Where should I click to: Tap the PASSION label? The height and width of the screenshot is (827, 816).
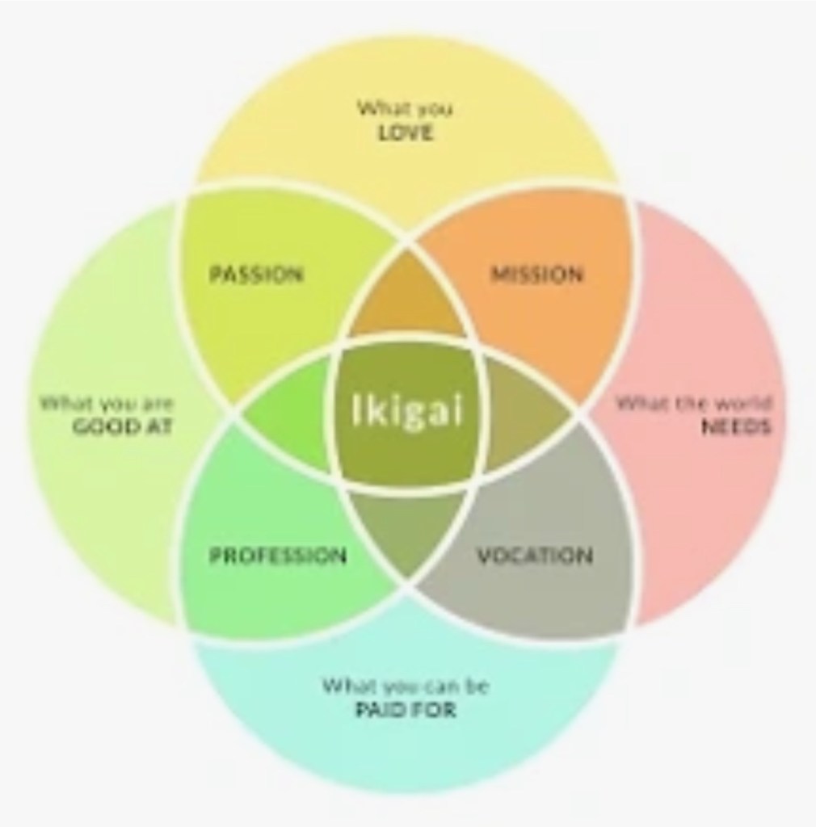pos(256,275)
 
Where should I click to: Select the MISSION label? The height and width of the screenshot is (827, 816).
pos(537,275)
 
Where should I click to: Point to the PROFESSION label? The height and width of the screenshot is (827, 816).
pos(278,556)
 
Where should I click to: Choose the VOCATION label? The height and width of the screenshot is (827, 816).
pos(534,556)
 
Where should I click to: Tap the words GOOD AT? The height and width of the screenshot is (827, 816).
pos(123,427)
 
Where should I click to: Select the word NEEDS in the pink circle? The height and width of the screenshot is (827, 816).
pos(735,426)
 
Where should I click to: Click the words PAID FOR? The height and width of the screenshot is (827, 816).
pos(406,711)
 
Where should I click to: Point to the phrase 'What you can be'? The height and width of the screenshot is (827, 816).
pos(406,686)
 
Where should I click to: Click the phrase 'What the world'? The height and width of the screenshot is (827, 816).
pos(694,403)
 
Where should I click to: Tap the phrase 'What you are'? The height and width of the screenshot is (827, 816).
pos(107,403)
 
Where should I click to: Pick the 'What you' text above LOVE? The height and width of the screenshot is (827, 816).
pos(406,107)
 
